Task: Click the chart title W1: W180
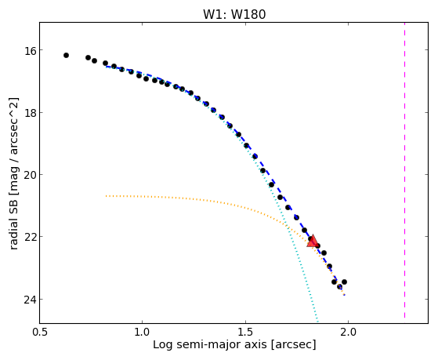[x=234, y=15]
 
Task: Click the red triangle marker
[x=313, y=242]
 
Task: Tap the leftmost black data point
[x=66, y=56]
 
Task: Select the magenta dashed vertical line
[x=404, y=170]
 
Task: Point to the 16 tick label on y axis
[x=30, y=50]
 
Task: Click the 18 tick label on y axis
[x=30, y=113]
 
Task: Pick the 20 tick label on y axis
[x=30, y=175]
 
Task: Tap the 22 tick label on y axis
[x=30, y=237]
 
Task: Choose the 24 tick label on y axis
[x=30, y=300]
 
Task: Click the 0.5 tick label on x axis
[x=40, y=332]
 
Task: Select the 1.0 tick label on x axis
[x=143, y=332]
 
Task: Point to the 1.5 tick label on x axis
[x=245, y=332]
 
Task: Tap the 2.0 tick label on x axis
[x=348, y=332]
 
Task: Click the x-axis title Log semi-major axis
[x=210, y=345]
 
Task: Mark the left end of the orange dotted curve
[x=106, y=196]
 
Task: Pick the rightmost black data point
[x=344, y=282]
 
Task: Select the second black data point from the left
[x=88, y=57]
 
